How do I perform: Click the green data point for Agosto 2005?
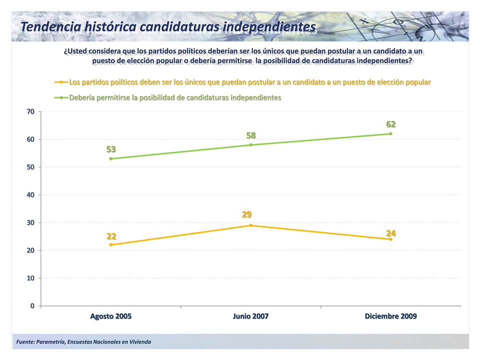(x=111, y=159)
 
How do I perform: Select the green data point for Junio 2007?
(x=251, y=145)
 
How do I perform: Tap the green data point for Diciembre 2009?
(x=391, y=134)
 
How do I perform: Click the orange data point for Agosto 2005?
(x=111, y=245)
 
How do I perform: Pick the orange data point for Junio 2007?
(x=251, y=225)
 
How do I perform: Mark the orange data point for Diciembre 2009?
(x=391, y=239)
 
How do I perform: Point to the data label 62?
(x=391, y=124)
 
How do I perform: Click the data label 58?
(x=251, y=135)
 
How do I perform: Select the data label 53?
(x=111, y=149)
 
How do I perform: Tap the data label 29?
(x=247, y=215)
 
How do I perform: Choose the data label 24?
(x=391, y=233)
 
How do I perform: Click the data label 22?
(x=111, y=236)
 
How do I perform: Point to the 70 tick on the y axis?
(x=31, y=112)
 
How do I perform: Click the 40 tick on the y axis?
(x=31, y=195)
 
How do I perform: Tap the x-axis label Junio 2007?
(x=251, y=317)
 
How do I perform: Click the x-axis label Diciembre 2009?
(x=391, y=317)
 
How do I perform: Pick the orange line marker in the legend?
(x=61, y=82)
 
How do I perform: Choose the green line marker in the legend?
(x=61, y=97)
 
